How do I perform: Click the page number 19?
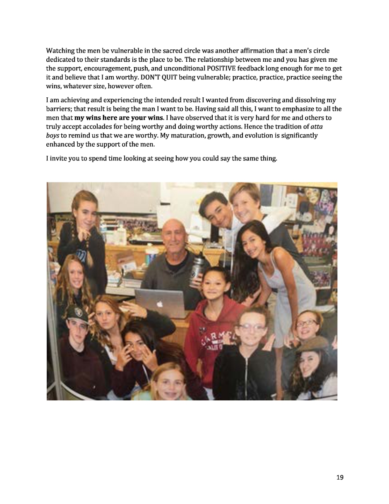click(x=340, y=477)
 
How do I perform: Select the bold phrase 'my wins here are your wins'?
click(x=119, y=118)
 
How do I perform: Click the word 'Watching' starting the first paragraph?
click(x=60, y=51)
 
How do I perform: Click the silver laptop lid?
click(x=160, y=304)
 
